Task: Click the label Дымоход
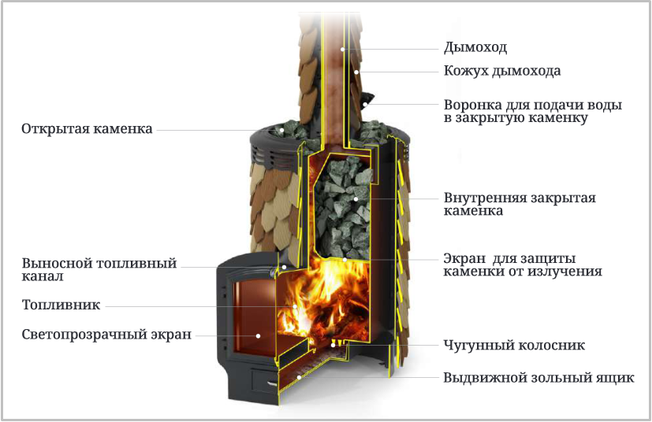[475, 48]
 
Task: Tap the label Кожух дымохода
[502, 71]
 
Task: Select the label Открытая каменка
[87, 129]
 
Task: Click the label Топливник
[61, 305]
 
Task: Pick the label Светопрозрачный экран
[106, 335]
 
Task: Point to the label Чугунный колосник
[514, 345]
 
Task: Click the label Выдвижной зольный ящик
[538, 378]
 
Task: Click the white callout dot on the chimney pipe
[343, 49]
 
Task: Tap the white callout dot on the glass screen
[258, 335]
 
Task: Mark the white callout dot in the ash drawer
[299, 377]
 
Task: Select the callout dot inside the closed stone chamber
[356, 199]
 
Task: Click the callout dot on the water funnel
[365, 104]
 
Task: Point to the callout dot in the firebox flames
[295, 306]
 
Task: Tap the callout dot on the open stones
[282, 130]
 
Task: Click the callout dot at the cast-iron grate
[333, 345]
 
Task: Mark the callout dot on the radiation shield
[345, 260]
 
